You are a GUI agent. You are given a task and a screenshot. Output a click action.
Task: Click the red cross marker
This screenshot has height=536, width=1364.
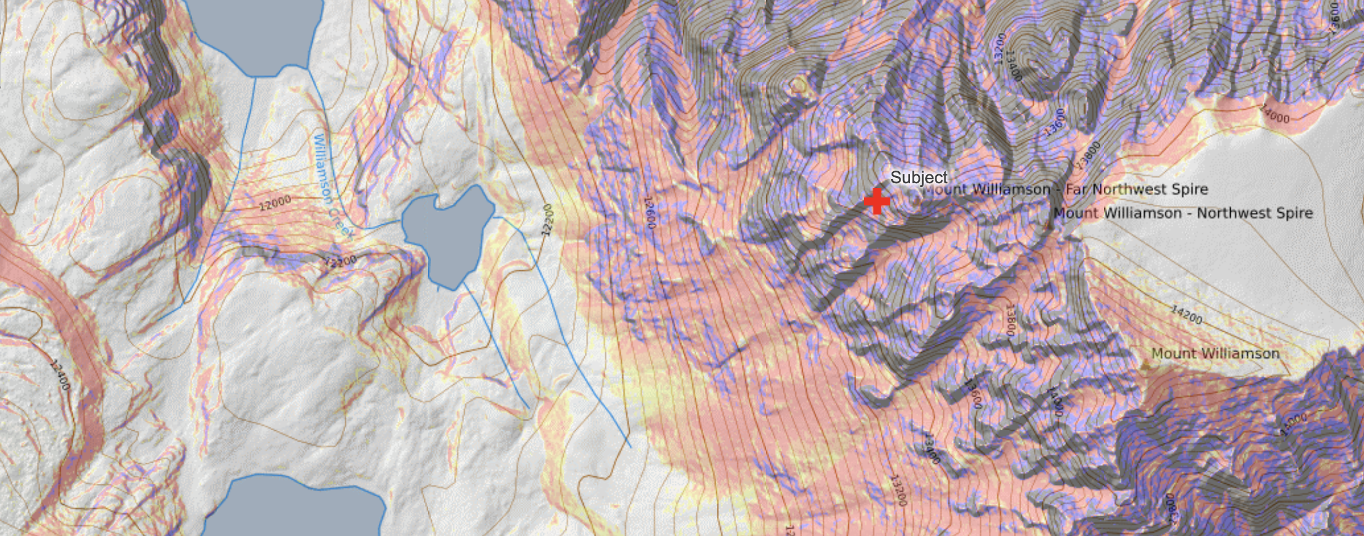click(877, 201)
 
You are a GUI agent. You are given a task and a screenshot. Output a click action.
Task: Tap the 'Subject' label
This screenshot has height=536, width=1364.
click(919, 177)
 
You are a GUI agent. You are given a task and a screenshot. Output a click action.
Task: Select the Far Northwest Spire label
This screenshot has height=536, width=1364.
click(1064, 189)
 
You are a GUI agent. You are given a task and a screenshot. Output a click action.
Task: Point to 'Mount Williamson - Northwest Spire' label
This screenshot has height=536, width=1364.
click(1183, 213)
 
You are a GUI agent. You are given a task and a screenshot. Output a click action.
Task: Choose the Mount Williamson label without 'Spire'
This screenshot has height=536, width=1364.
click(1215, 353)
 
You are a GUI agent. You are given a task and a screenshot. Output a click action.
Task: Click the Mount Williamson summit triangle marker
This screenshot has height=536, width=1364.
click(1145, 364)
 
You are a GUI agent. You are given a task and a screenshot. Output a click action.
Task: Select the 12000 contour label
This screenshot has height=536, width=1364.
click(275, 203)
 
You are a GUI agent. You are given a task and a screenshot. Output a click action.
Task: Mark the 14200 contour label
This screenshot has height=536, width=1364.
click(1186, 314)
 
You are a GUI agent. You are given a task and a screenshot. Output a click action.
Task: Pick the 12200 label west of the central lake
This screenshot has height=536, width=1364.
click(340, 261)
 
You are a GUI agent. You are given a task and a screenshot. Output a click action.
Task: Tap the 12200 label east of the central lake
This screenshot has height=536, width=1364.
click(547, 220)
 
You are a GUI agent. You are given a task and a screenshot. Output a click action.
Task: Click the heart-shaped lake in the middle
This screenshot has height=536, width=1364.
click(449, 234)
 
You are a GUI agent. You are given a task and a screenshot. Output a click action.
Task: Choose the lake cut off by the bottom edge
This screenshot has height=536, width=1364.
click(300, 508)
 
